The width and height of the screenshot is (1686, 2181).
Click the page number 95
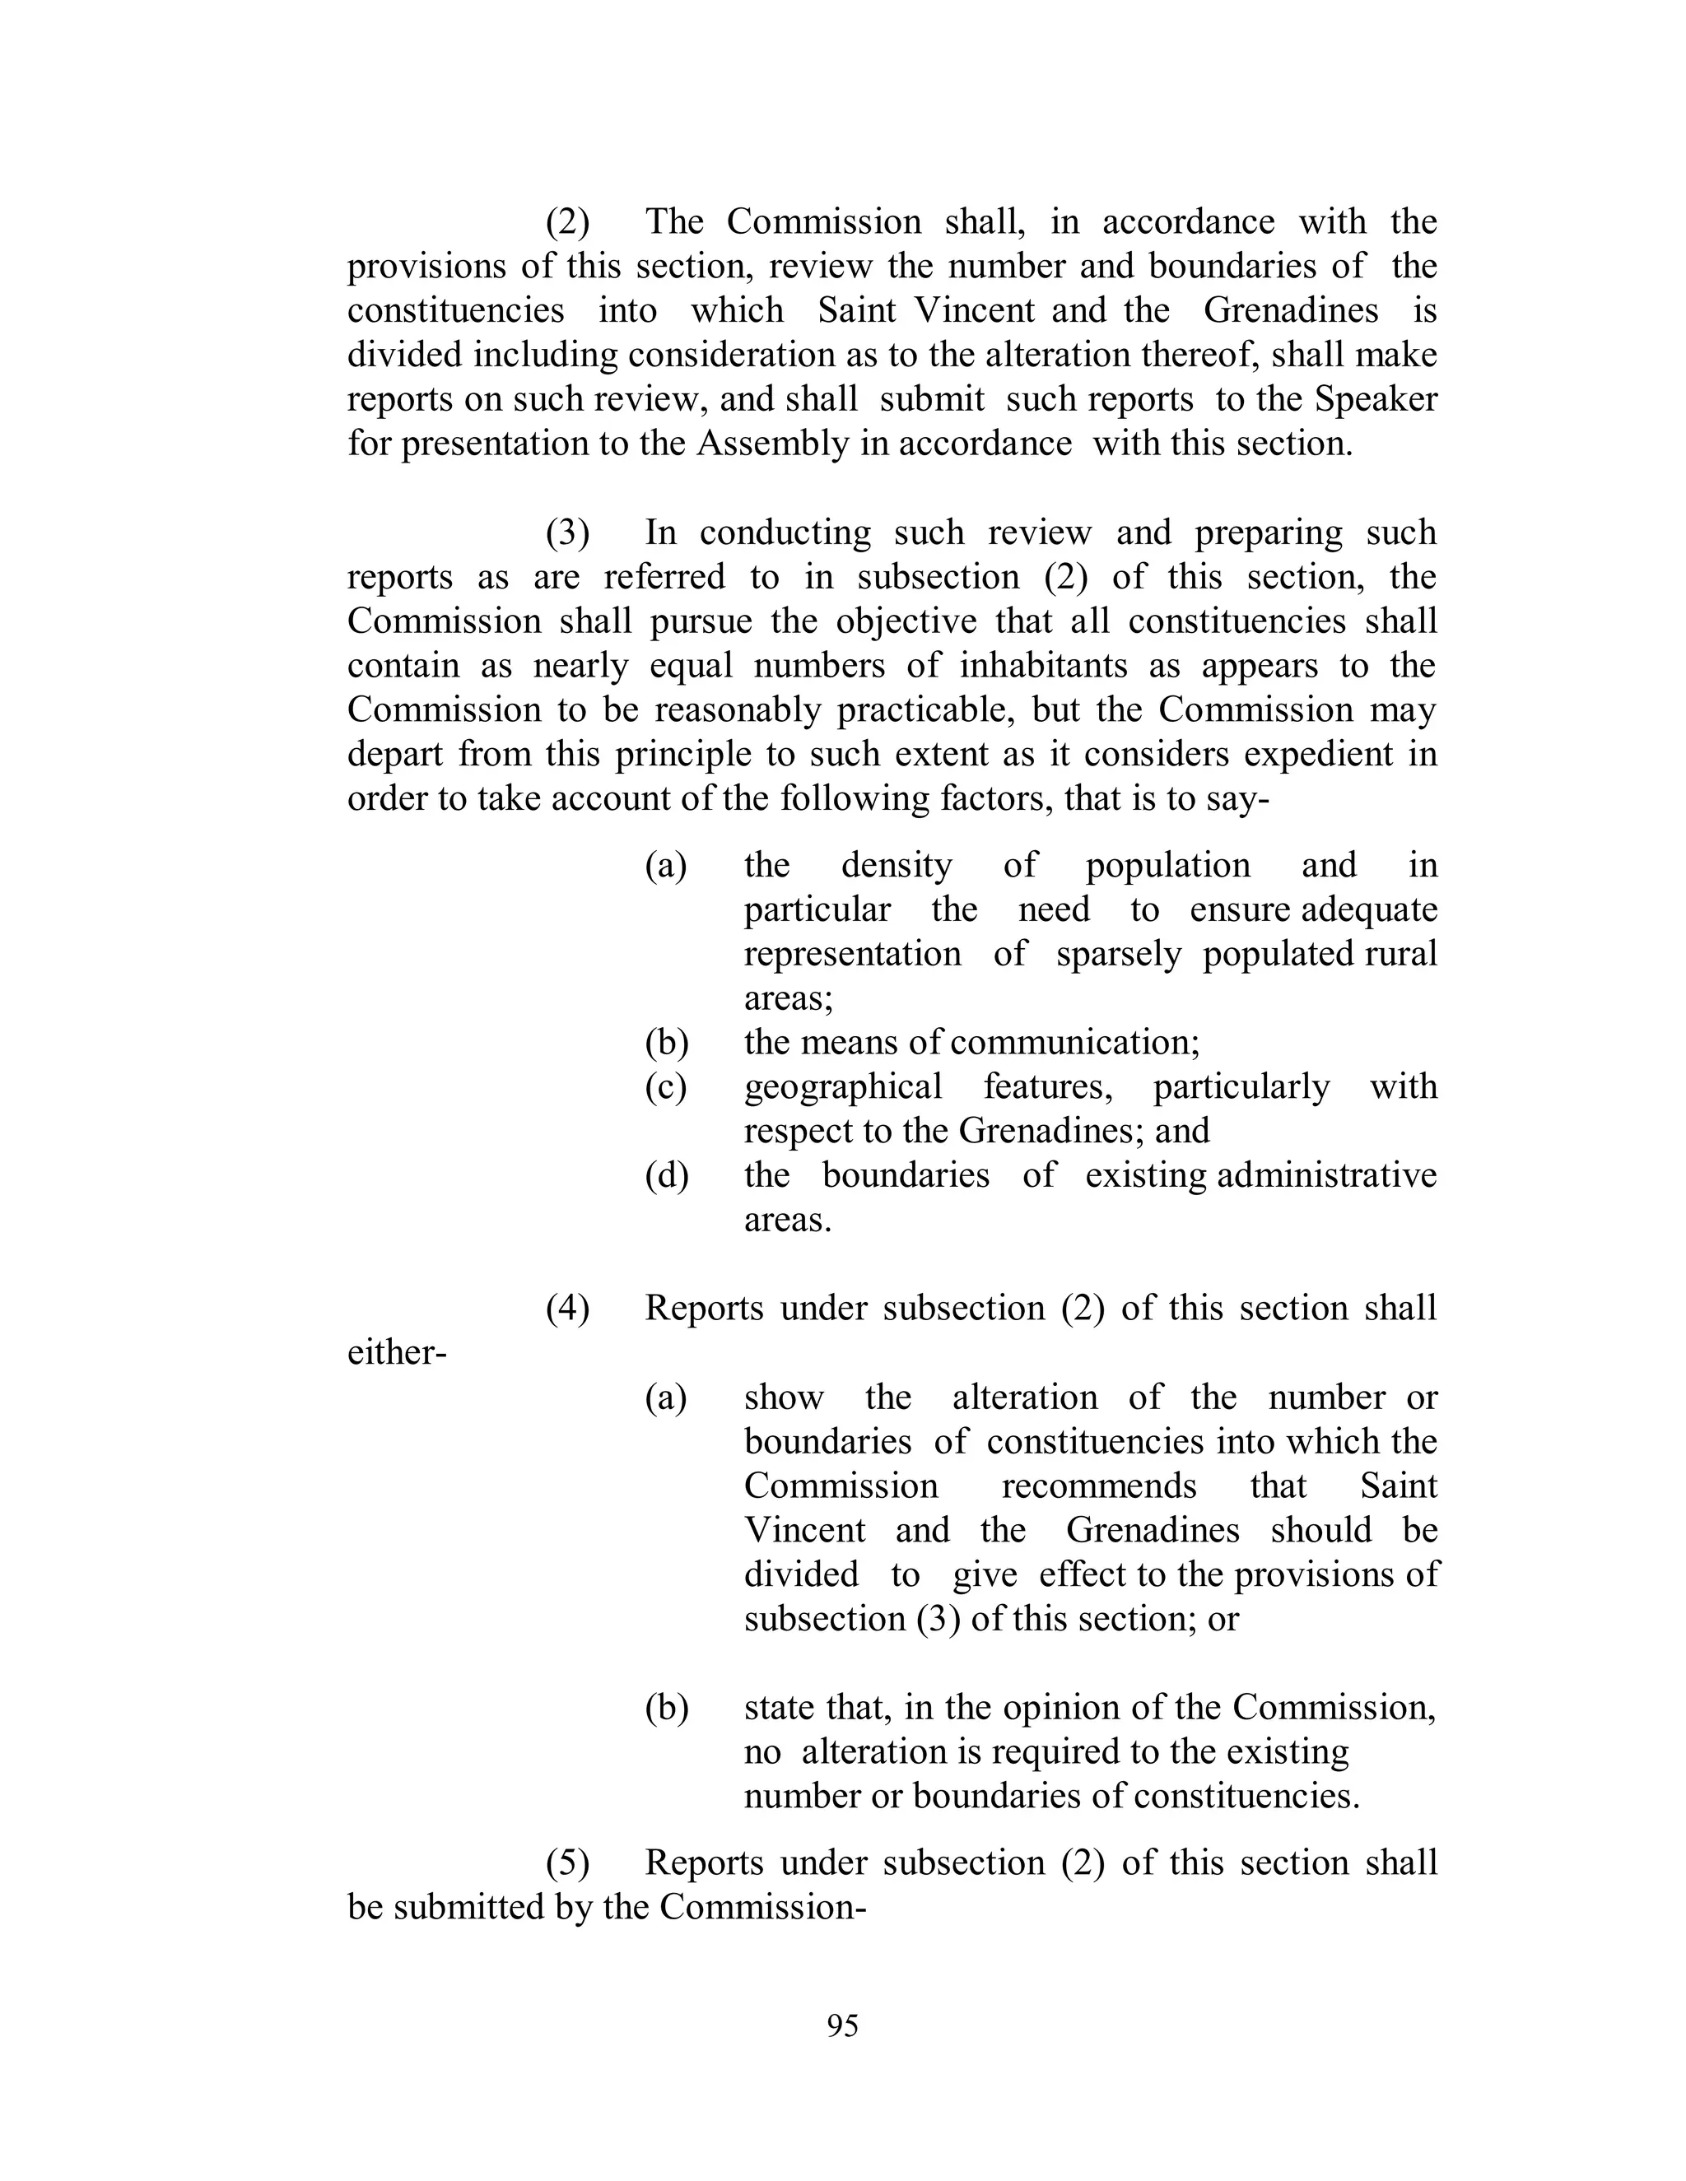click(842, 2025)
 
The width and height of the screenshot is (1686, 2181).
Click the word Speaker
click(1376, 399)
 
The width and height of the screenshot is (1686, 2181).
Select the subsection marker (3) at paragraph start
click(567, 532)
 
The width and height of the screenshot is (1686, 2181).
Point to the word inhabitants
click(1043, 665)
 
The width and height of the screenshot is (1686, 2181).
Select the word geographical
click(842, 1086)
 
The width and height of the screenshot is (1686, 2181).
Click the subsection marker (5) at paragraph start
click(567, 1862)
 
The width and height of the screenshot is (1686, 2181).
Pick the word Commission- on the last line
click(761, 1908)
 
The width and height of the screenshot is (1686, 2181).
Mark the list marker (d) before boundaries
click(666, 1175)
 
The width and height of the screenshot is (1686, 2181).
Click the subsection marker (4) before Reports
click(567, 1309)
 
